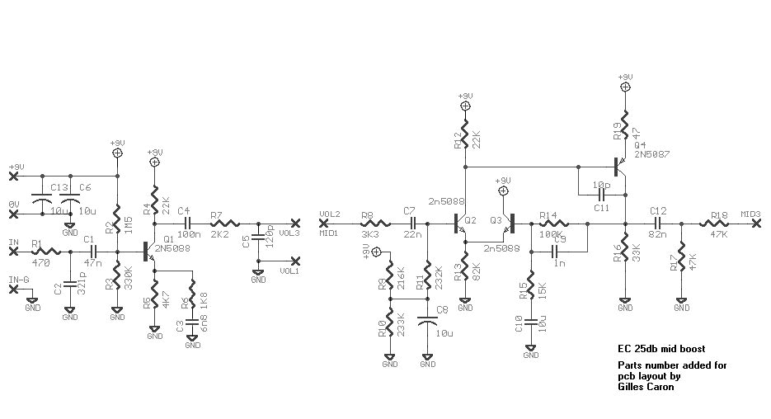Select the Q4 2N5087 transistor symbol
618,165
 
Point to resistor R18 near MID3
717,223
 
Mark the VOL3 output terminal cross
296,223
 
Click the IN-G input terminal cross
13,289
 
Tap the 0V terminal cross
13,214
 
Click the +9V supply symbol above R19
625,85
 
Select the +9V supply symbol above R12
466,106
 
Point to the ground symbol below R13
465,306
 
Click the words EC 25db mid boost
661,348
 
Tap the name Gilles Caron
646,386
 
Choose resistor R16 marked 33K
625,248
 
